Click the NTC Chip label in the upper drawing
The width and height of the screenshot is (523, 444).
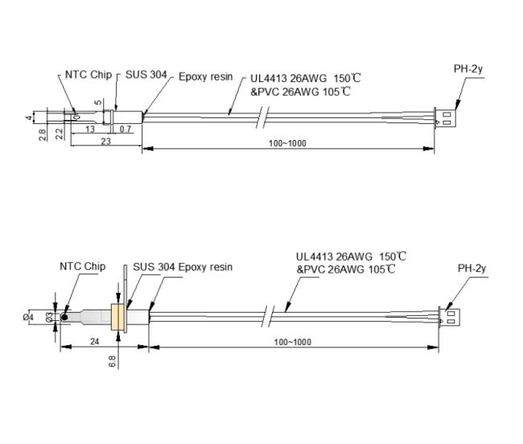coord(87,76)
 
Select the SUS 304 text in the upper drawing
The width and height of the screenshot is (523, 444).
coord(146,76)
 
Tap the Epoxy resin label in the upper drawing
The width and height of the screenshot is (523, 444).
coord(205,76)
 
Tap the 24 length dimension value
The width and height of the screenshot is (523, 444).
coord(95,341)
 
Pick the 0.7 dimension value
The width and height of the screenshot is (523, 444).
coord(126,129)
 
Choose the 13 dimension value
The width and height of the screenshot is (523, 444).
coord(90,129)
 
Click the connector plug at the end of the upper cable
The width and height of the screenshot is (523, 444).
coord(443,118)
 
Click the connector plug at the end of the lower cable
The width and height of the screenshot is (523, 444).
coord(447,316)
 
